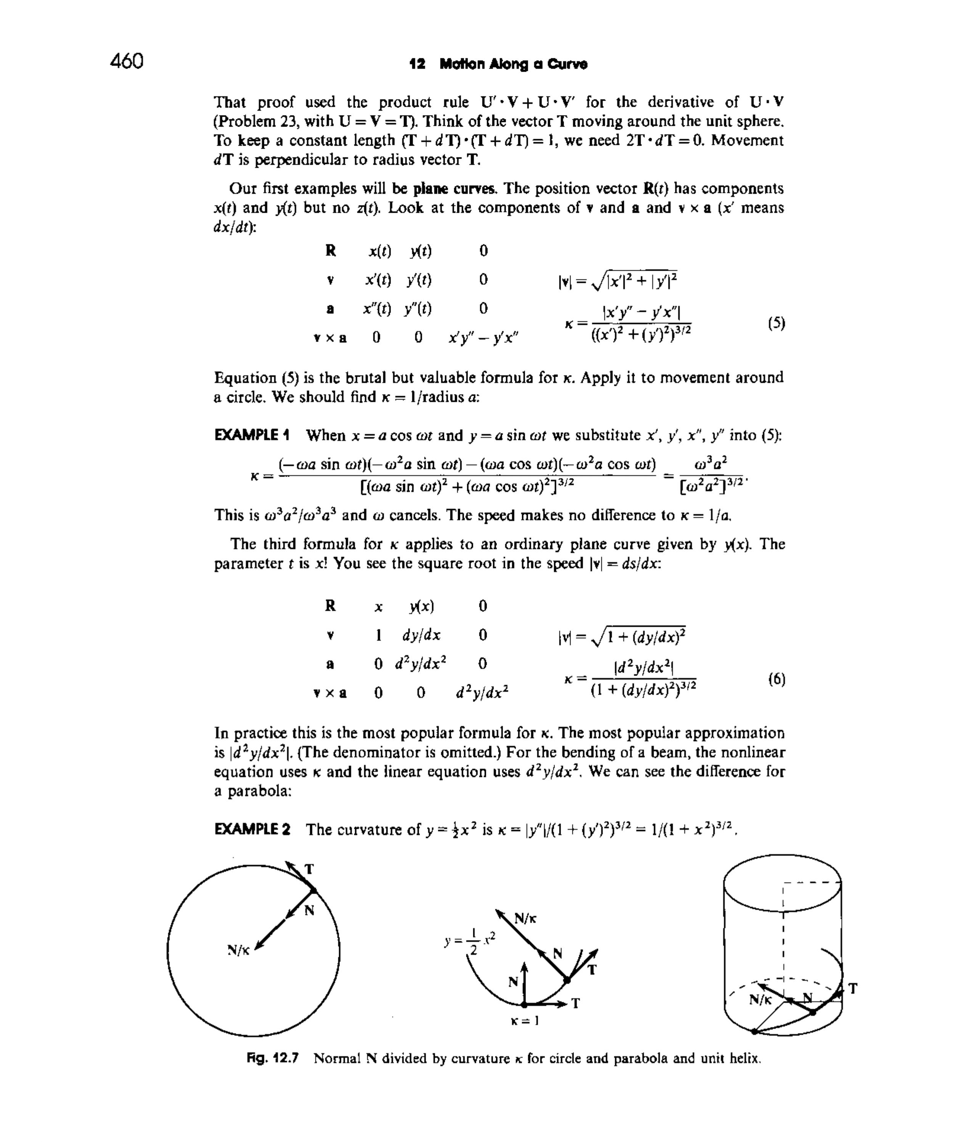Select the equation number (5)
[776, 323]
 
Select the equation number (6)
[776, 679]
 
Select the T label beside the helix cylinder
[853, 989]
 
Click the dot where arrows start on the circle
[313, 891]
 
